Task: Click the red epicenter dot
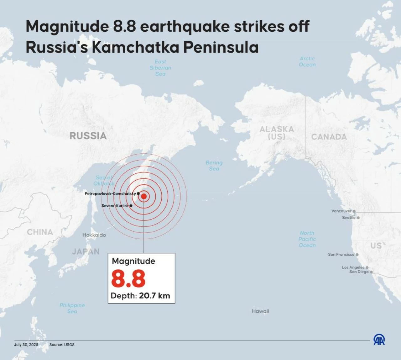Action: tap(144, 196)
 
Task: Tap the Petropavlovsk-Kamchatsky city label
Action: tap(110, 193)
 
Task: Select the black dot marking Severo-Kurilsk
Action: tap(131, 206)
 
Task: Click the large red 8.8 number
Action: tap(128, 279)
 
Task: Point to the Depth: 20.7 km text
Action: tap(140, 296)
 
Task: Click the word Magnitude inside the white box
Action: tap(133, 261)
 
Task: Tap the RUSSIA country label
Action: tap(88, 136)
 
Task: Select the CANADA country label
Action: tap(329, 137)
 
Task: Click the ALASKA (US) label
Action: tap(277, 133)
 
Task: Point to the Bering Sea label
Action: tap(214, 166)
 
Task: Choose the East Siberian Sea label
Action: tap(160, 68)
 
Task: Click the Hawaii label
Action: tap(260, 311)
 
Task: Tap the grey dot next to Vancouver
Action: tap(354, 211)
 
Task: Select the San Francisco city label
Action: tap(341, 254)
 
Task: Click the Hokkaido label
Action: tap(94, 235)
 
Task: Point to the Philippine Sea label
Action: tap(72, 308)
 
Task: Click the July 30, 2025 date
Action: tap(26, 345)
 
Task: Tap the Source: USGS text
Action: tap(62, 345)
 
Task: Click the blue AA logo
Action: tap(379, 339)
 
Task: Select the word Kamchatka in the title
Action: tap(136, 47)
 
